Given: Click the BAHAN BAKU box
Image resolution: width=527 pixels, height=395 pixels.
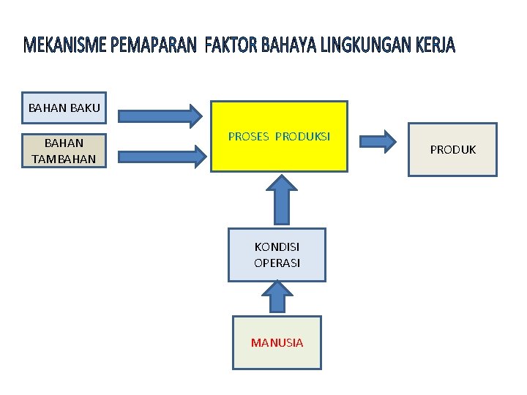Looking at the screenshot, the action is click(x=64, y=108).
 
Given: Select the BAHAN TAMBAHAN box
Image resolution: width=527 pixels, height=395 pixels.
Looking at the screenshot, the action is click(x=64, y=151).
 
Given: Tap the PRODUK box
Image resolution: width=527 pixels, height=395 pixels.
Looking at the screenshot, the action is click(x=452, y=149).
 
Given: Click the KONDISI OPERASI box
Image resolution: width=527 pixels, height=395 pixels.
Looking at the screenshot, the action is click(x=277, y=255).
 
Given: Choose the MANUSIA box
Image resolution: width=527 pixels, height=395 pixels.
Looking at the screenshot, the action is click(x=277, y=342).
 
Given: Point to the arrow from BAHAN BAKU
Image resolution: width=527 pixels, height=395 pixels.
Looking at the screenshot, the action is click(x=160, y=115).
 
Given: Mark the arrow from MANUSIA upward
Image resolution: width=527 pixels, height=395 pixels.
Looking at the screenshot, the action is click(x=277, y=298).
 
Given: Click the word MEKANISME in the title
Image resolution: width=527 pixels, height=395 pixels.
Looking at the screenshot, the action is click(x=66, y=47).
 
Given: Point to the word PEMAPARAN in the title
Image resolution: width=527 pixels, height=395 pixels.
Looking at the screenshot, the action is click(x=154, y=47).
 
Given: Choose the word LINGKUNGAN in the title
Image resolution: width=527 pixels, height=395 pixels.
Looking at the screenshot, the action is click(x=367, y=47).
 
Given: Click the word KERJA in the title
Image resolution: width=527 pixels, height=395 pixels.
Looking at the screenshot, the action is click(x=435, y=47).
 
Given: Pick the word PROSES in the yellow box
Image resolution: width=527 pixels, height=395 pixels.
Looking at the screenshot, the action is click(x=248, y=137).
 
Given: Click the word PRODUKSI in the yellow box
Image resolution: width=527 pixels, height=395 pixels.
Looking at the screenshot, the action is click(x=302, y=137).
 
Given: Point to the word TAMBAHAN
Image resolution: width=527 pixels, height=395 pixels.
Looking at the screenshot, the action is click(x=64, y=158).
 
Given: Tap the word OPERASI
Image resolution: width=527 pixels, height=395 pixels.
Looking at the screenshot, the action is click(x=277, y=263).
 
